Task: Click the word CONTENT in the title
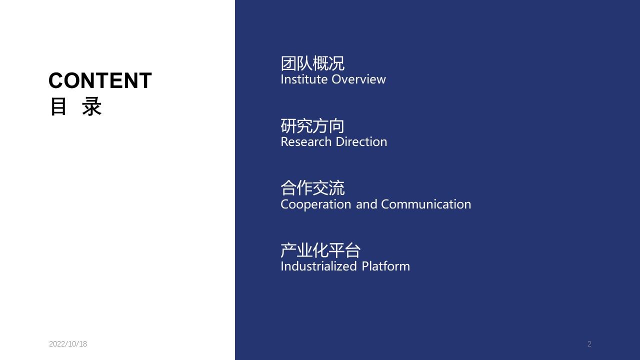[100, 80]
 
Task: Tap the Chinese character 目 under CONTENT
[58, 106]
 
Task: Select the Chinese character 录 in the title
[91, 106]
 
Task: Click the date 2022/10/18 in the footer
[68, 343]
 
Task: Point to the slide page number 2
[589, 343]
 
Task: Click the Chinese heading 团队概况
[312, 63]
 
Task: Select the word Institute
[304, 79]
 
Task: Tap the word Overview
[358, 79]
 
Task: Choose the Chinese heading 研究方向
[312, 125]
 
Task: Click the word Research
[306, 142]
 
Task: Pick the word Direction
[361, 142]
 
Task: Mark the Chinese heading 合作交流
[312, 188]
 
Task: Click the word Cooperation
[315, 204]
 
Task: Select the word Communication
[426, 204]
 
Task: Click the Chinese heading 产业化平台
[320, 250]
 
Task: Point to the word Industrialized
[319, 266]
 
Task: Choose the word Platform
[385, 266]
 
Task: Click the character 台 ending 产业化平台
[353, 250]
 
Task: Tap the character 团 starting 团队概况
[288, 63]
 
